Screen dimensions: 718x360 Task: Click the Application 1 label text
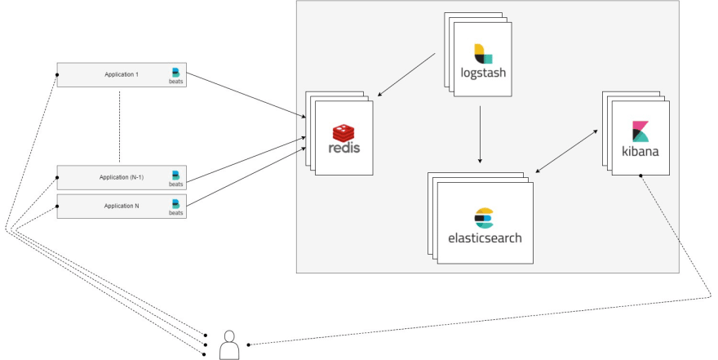tap(122, 74)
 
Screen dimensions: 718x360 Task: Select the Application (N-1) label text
tap(122, 177)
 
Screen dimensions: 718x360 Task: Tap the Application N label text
tap(122, 206)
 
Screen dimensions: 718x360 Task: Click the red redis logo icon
tap(344, 133)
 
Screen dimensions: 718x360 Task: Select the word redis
tap(344, 148)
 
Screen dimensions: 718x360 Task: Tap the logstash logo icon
tap(483, 54)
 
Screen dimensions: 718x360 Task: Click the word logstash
tap(483, 73)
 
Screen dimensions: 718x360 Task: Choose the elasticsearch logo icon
tap(484, 218)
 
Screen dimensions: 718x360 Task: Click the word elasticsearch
tap(485, 238)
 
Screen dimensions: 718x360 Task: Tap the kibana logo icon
tap(640, 131)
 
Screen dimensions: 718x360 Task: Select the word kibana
tap(640, 151)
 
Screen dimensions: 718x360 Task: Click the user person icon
tap(229, 345)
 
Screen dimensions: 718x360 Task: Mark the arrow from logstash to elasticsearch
tap(480, 135)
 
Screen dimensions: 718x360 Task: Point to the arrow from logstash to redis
tap(406, 74)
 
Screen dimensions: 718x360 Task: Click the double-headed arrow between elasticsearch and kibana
tap(566, 151)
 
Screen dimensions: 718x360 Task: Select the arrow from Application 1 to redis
tap(246, 96)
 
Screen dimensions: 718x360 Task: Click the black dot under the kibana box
tap(640, 176)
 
